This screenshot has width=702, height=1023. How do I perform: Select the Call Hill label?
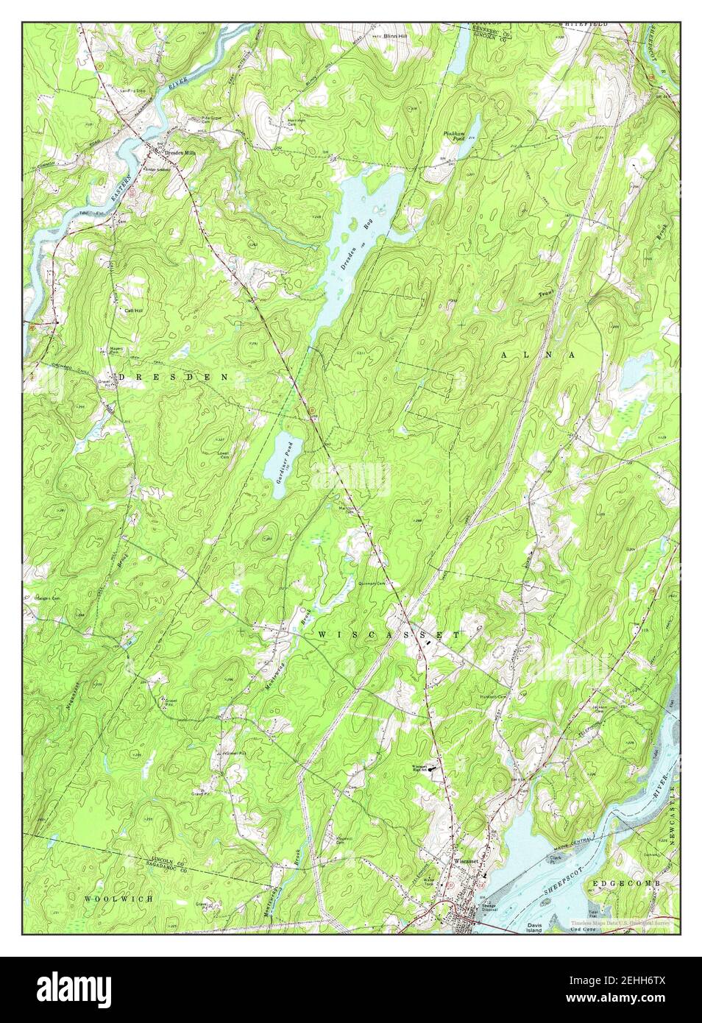[x=133, y=311]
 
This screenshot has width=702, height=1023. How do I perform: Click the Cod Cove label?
[x=582, y=930]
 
